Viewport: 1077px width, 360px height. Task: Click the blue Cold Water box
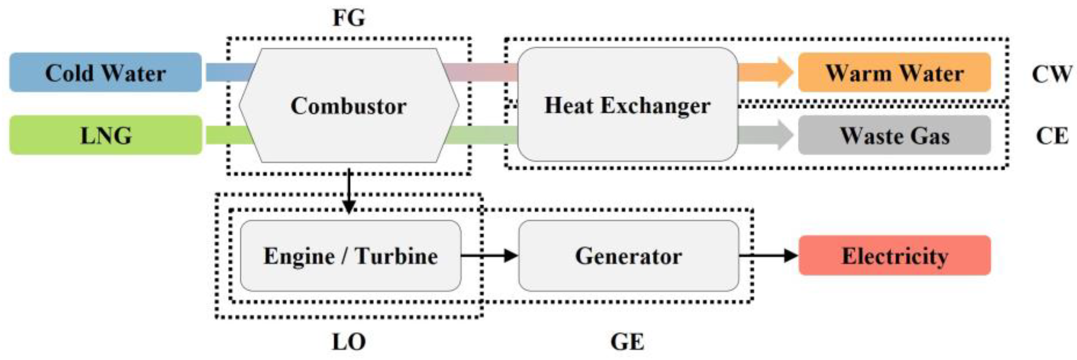(x=106, y=72)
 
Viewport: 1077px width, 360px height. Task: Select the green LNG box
(x=106, y=135)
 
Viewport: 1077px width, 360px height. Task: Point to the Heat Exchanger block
(x=627, y=104)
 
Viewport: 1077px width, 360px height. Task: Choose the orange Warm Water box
(x=894, y=72)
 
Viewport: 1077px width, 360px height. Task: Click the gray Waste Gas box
(x=894, y=135)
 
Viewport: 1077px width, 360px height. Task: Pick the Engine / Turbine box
(x=350, y=256)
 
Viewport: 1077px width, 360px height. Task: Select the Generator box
(x=629, y=256)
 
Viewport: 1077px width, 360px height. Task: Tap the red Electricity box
(x=895, y=255)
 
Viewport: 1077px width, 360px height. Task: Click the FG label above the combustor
(x=349, y=18)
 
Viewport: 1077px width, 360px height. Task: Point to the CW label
(x=1051, y=74)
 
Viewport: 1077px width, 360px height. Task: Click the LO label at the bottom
(x=349, y=342)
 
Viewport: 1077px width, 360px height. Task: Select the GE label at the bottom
(x=627, y=342)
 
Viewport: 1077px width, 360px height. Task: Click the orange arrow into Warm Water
(x=765, y=72)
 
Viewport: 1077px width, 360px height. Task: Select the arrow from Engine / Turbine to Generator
(x=489, y=255)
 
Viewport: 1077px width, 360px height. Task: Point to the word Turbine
(x=396, y=256)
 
